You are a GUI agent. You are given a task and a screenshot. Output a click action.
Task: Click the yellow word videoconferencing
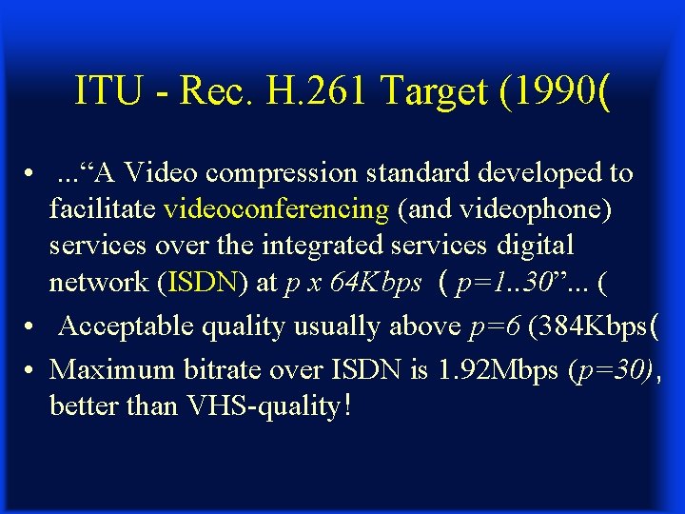coord(276,208)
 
